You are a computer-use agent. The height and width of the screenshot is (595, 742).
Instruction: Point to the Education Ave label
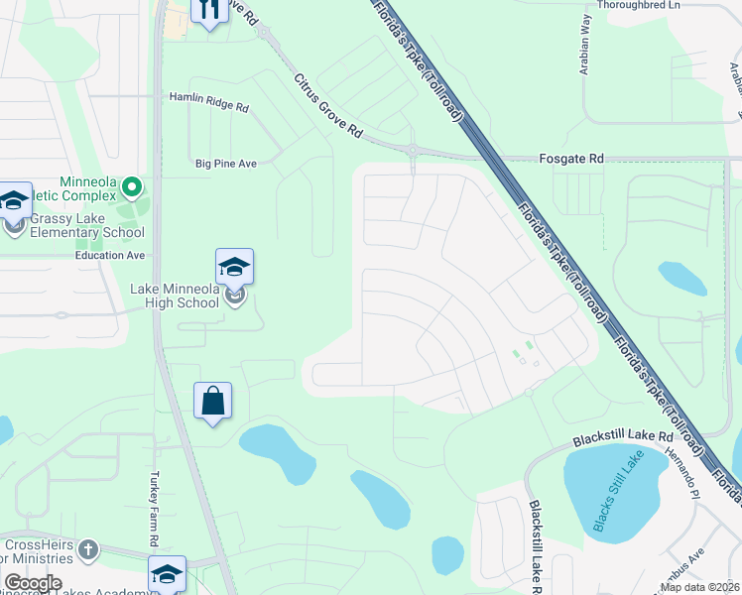click(x=110, y=255)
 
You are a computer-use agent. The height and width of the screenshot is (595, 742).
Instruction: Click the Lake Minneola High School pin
click(x=234, y=268)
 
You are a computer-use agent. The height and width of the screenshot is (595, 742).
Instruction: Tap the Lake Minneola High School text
click(x=175, y=296)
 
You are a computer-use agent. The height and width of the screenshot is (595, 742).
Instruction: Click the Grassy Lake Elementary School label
click(x=87, y=226)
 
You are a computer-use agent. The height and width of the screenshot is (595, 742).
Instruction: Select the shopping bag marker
click(x=212, y=402)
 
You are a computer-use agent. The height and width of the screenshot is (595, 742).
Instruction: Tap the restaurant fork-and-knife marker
click(x=208, y=11)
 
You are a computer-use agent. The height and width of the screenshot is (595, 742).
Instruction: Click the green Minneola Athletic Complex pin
click(x=131, y=186)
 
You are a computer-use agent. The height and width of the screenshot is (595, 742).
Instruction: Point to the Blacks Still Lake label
click(x=618, y=491)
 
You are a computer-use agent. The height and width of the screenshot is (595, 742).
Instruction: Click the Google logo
click(x=33, y=583)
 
